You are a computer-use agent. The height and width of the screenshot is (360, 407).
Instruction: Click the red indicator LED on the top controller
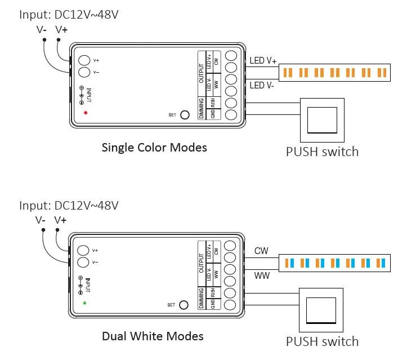click(x=86, y=113)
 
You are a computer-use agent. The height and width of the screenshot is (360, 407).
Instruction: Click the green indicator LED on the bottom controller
click(x=85, y=303)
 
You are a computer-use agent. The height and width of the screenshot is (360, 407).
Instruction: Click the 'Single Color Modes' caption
click(x=154, y=148)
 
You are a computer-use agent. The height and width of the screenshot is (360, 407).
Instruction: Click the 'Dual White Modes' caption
click(x=153, y=336)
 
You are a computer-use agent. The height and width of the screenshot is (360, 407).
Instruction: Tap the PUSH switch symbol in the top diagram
click(x=321, y=119)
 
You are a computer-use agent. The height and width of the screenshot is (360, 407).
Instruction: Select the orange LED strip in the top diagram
click(x=335, y=73)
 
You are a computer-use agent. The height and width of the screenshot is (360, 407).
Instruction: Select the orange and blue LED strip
click(x=335, y=263)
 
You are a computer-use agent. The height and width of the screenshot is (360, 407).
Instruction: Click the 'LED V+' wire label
click(x=263, y=61)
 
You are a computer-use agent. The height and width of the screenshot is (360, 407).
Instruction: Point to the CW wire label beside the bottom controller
click(x=261, y=250)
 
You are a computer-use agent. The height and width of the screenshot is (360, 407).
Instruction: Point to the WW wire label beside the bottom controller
click(x=262, y=275)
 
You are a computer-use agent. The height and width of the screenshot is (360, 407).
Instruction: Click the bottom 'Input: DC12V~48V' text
click(x=69, y=205)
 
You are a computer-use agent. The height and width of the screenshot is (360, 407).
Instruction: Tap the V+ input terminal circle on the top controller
click(x=84, y=60)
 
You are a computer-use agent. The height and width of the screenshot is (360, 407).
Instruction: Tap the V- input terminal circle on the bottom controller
click(x=84, y=262)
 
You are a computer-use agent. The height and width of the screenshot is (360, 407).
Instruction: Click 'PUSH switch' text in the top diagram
click(x=322, y=151)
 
